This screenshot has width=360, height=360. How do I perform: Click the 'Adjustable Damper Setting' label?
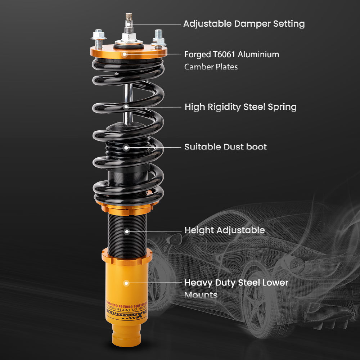click(244, 24)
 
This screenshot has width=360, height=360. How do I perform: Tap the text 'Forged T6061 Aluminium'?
click(231, 55)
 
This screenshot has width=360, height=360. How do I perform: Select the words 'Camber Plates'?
click(211, 67)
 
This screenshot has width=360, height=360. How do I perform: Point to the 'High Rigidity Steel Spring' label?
click(240, 107)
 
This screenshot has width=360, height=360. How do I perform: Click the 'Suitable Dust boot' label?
click(225, 147)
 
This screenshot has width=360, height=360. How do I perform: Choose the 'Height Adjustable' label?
click(224, 230)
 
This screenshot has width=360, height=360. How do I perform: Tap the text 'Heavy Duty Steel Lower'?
click(236, 283)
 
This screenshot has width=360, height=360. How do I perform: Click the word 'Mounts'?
click(201, 295)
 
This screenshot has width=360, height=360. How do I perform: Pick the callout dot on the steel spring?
click(126, 107)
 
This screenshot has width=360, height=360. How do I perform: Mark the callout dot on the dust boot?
click(126, 147)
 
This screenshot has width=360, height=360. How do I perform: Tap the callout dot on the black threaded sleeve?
click(126, 231)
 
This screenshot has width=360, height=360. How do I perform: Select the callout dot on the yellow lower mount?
click(126, 283)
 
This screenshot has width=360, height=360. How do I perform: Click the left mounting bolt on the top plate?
click(98, 36)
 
